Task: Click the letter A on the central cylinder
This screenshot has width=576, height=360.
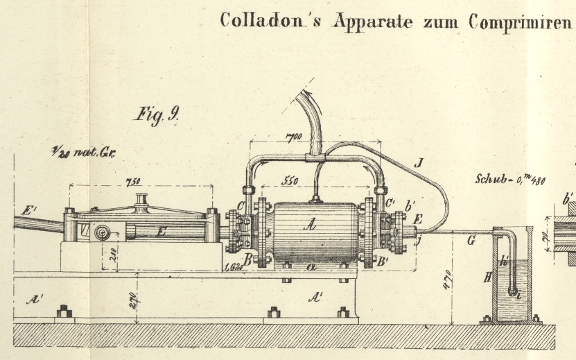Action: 313,223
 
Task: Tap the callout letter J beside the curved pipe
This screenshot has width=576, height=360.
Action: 417,165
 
